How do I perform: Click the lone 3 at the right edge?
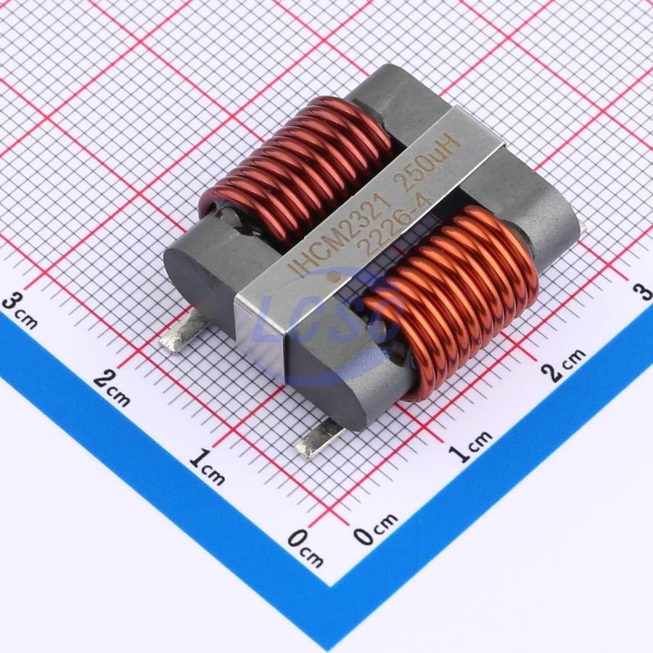click(x=642, y=290)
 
